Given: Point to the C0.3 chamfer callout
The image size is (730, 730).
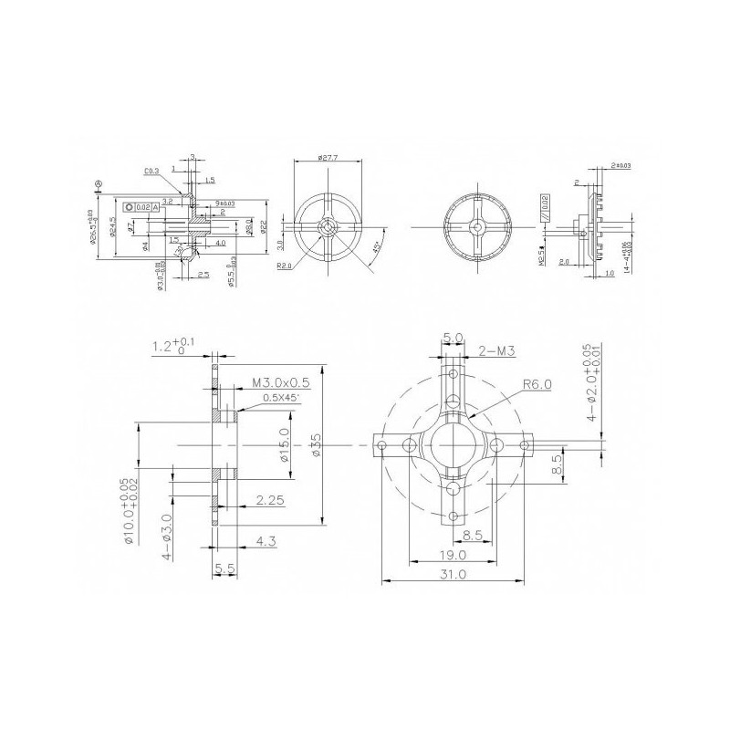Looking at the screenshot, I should [152, 171].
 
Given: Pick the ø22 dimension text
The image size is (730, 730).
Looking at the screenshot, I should [265, 226].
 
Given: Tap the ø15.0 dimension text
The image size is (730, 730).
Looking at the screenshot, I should [285, 444].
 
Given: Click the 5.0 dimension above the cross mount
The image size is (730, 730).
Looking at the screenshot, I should [454, 337].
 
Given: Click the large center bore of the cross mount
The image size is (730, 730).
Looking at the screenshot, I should [454, 444].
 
